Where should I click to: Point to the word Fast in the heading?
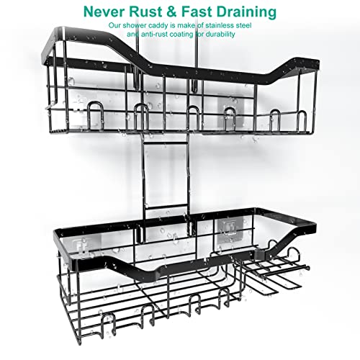tap(195, 12)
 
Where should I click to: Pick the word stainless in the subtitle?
tap(220, 25)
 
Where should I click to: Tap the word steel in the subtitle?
tap(243, 25)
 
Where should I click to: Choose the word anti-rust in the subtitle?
tap(155, 35)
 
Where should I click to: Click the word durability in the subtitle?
tap(219, 35)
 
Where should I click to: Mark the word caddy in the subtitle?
tap(157, 26)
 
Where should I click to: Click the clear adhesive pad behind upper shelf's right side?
tap(230, 110)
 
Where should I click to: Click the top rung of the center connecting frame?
tap(165, 143)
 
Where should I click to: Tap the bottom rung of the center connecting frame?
tap(166, 207)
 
